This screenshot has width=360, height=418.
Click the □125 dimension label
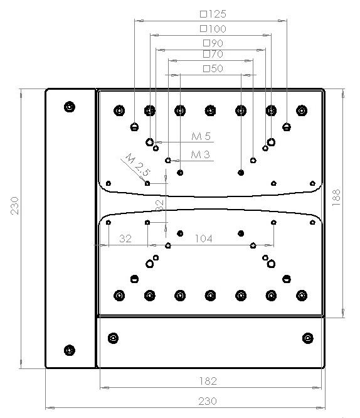[x=213, y=14]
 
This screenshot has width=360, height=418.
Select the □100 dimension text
[x=213, y=28]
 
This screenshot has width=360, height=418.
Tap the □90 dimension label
[x=213, y=43]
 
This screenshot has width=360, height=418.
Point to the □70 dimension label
[x=213, y=54]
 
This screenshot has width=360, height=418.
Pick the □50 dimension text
[x=213, y=68]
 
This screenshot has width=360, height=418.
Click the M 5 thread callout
[x=201, y=136]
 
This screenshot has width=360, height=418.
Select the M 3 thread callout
[x=201, y=154]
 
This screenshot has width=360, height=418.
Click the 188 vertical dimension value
[x=336, y=198]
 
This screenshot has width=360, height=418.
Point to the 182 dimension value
[x=208, y=381]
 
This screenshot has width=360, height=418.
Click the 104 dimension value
[x=204, y=238]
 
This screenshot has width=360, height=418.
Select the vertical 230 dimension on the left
[x=14, y=206]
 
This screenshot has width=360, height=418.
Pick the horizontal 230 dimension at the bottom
[x=208, y=401]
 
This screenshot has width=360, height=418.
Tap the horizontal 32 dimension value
[x=125, y=238]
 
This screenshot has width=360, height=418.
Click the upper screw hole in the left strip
[x=70, y=107]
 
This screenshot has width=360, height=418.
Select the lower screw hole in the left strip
[x=70, y=350]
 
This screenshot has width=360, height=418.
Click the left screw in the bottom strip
[x=114, y=338]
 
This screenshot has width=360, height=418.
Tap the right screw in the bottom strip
[x=308, y=338]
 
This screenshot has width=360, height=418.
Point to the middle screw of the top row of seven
[x=210, y=110]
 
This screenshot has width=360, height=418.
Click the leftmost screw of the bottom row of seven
[x=119, y=296]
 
